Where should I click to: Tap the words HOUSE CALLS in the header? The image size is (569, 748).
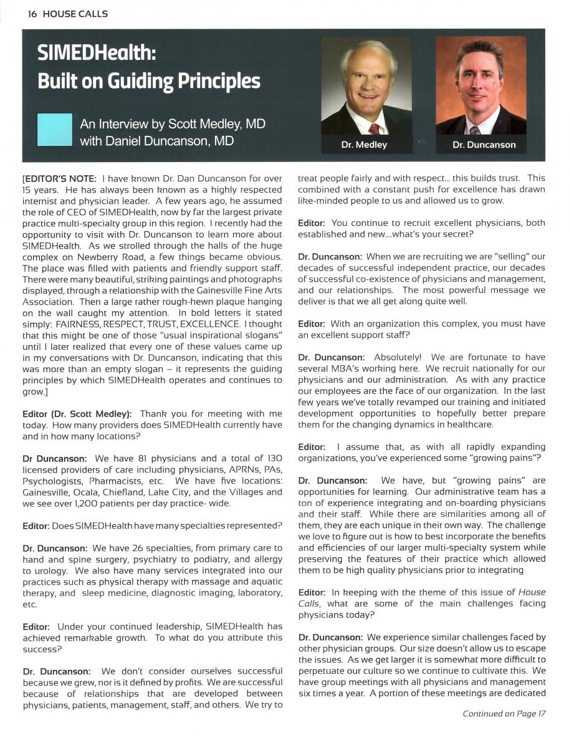point(76,14)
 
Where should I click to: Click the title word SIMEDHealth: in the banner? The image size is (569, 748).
point(95,54)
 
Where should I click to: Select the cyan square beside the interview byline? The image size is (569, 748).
point(55,130)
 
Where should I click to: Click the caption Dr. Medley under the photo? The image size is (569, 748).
point(364,145)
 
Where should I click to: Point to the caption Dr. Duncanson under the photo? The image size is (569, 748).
point(484,145)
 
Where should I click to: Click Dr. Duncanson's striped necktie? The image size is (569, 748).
point(476,130)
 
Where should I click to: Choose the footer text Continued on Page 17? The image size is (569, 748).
point(504,731)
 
